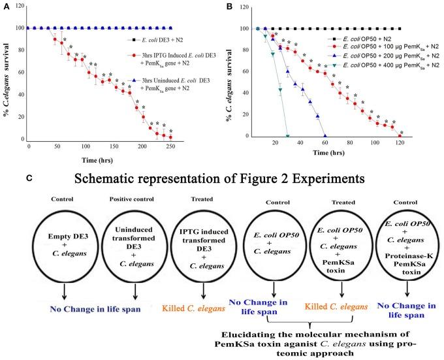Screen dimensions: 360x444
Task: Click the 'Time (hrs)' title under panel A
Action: pos(95,159)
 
